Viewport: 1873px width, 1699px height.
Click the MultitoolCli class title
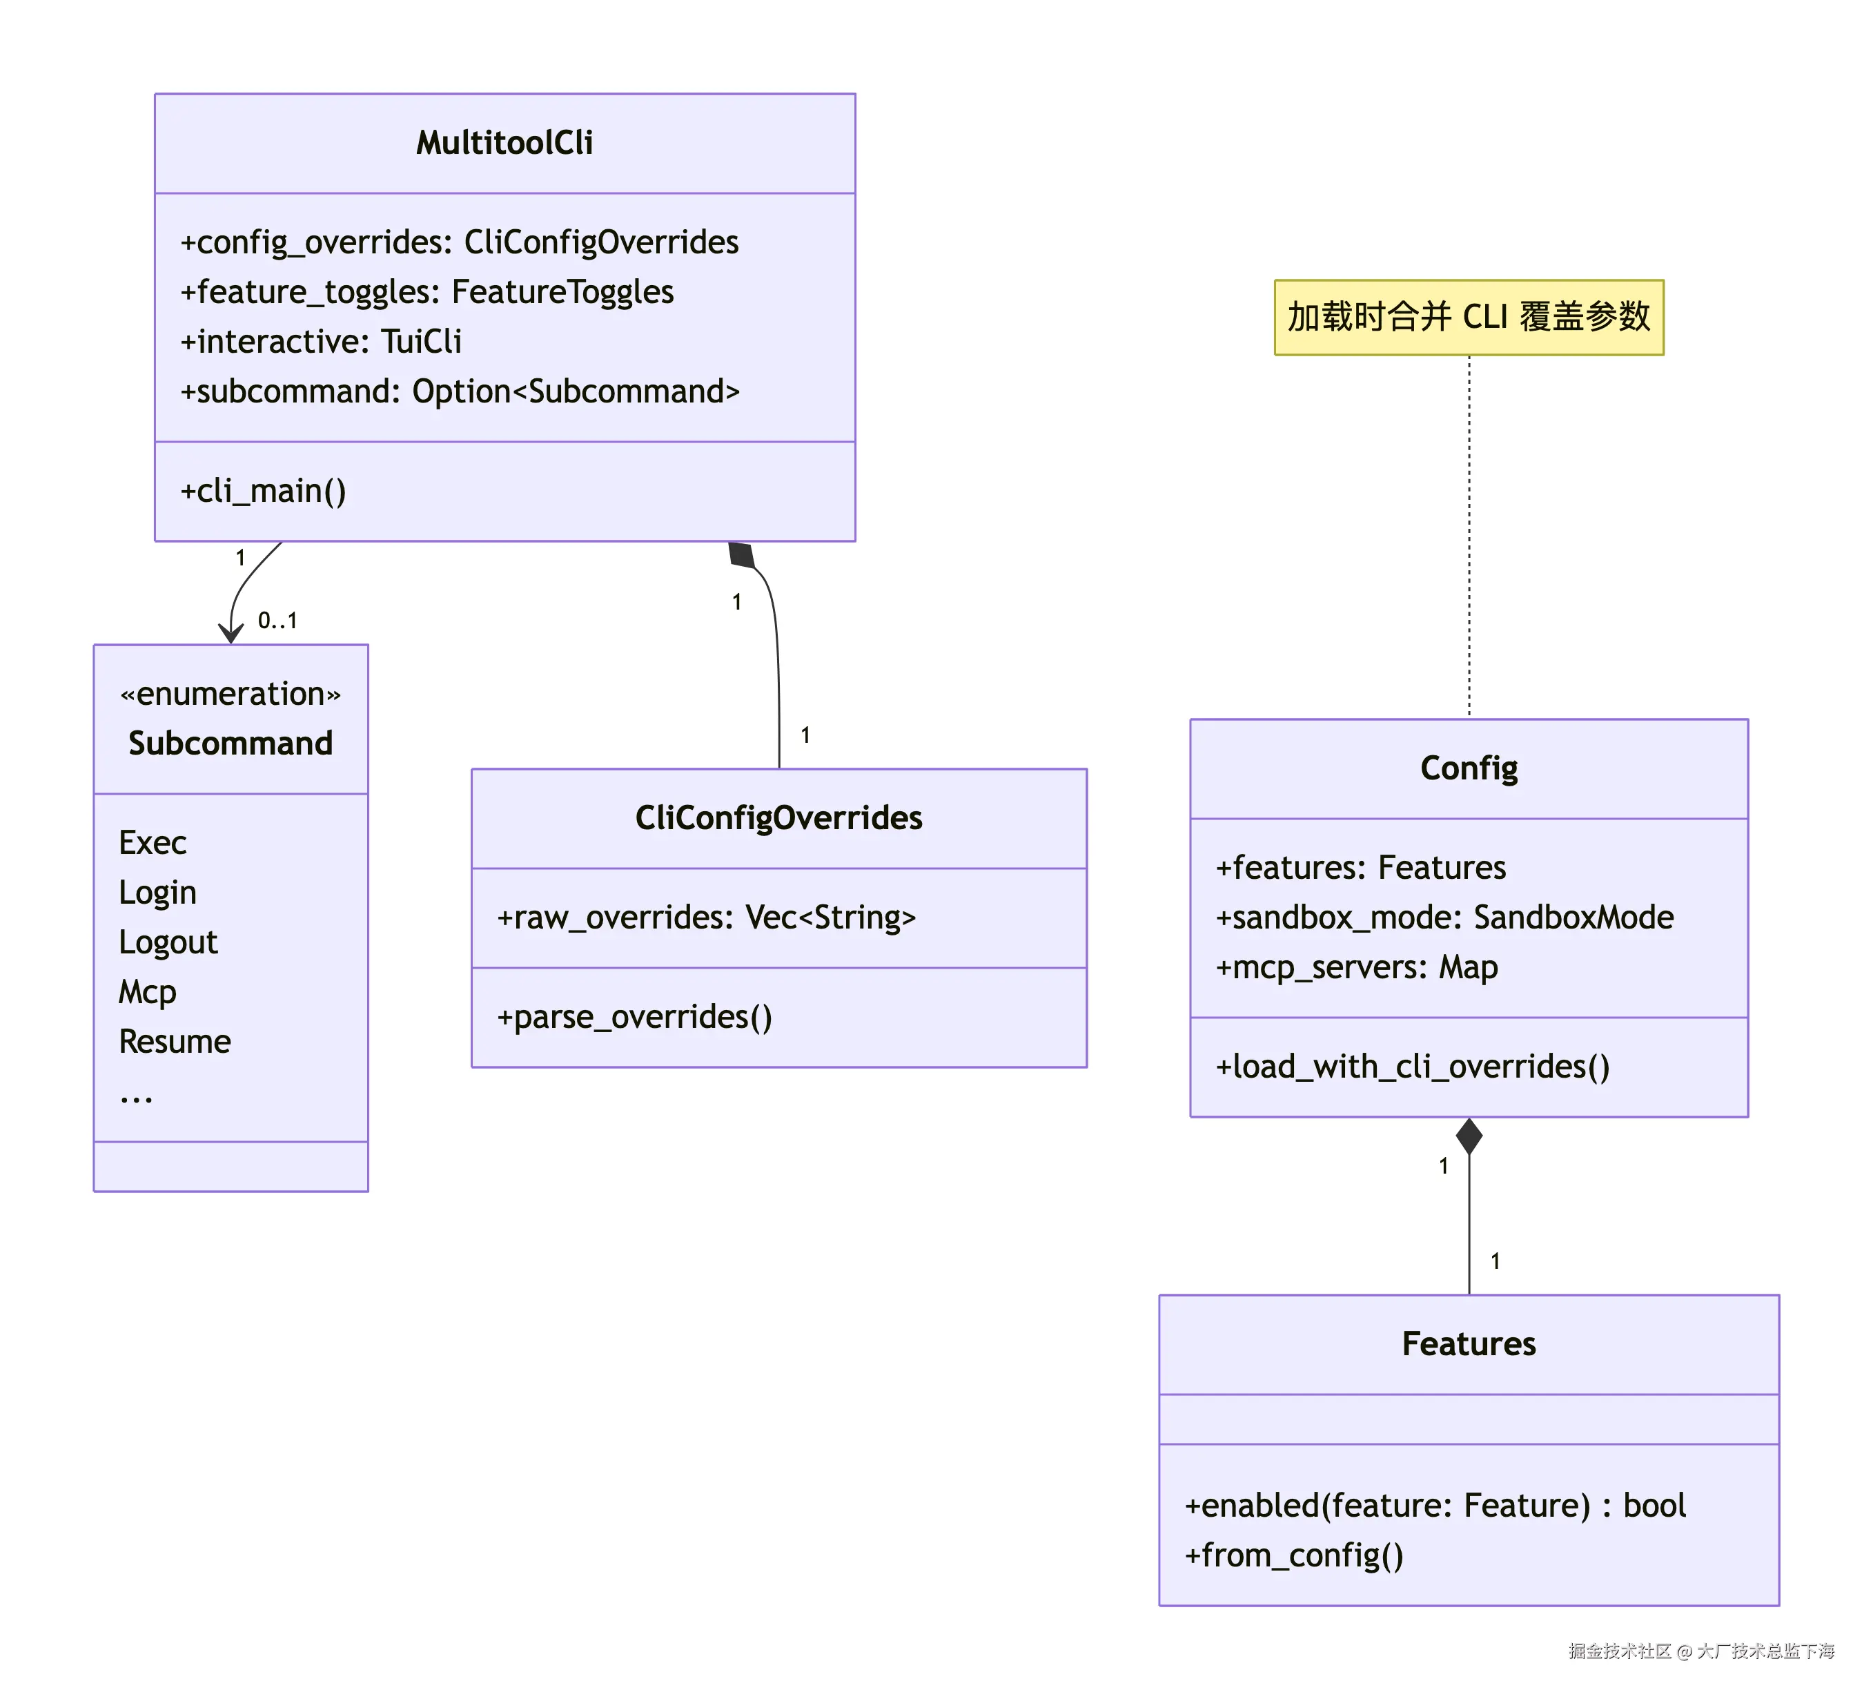[x=504, y=143]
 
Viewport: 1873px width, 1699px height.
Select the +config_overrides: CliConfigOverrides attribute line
[x=459, y=242]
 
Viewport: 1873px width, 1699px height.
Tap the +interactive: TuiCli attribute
[x=320, y=342]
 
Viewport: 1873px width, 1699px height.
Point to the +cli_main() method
[x=263, y=491]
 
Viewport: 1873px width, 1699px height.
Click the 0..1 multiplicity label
[x=277, y=621]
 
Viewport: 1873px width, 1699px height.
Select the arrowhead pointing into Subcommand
[x=231, y=635]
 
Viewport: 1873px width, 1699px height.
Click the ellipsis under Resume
[x=136, y=1098]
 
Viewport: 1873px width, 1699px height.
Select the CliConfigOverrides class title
[x=778, y=818]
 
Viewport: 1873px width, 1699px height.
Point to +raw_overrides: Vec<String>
[x=706, y=918]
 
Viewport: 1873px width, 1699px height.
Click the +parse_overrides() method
[x=634, y=1018]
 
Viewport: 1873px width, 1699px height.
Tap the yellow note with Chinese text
[x=1468, y=318]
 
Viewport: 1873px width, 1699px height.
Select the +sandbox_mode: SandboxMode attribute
[x=1444, y=918]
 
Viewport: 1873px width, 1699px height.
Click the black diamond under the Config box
[x=1469, y=1136]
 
